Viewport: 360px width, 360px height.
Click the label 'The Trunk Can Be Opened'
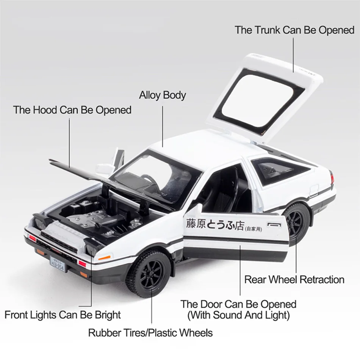(294, 30)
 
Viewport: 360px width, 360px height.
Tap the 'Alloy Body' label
(162, 95)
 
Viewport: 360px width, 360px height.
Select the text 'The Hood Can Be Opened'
(72, 110)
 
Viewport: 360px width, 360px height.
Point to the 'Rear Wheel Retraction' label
(294, 280)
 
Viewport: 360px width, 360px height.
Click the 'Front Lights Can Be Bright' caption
(63, 315)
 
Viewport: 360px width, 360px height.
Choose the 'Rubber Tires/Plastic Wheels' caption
(150, 333)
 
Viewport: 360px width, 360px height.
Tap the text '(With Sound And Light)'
(238, 315)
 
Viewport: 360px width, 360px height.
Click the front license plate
(58, 263)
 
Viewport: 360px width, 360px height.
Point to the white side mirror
(103, 169)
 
